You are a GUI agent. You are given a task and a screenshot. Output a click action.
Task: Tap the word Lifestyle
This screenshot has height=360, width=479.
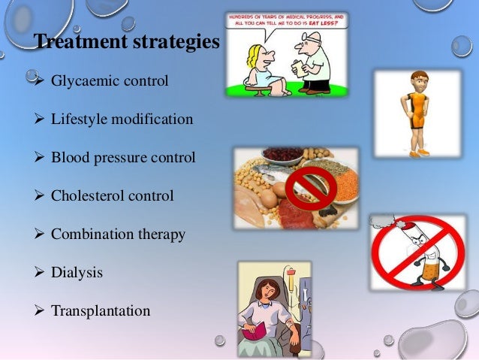[80, 119]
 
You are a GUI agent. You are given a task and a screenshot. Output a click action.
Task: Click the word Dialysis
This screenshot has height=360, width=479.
[77, 273]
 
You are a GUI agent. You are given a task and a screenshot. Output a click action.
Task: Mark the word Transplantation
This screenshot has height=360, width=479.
[101, 310]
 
